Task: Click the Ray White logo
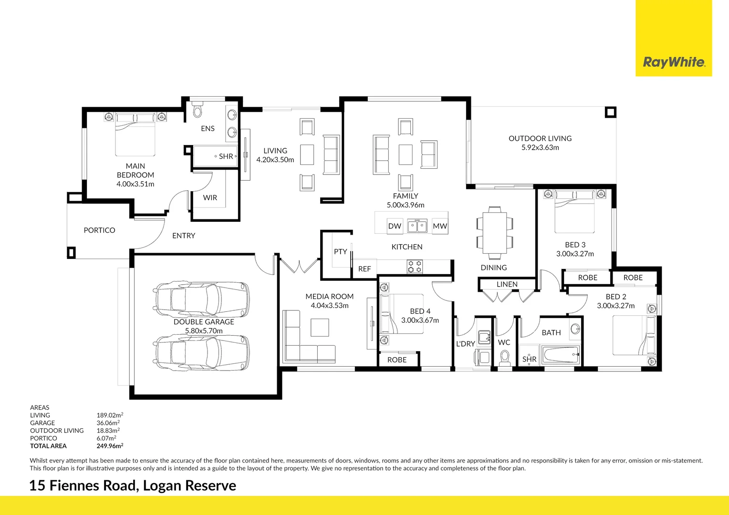(674, 62)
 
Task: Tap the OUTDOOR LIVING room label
(540, 138)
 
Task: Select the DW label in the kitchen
(395, 226)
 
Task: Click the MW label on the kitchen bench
(439, 226)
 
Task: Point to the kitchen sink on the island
(417, 226)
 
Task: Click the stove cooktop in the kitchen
(414, 267)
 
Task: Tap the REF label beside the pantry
(364, 269)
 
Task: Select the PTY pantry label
(340, 251)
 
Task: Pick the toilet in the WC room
(504, 357)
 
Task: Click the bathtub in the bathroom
(561, 355)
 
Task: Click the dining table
(495, 232)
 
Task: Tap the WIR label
(210, 197)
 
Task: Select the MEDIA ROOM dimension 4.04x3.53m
(329, 305)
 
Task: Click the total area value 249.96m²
(110, 446)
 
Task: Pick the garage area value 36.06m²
(108, 423)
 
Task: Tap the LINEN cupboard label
(507, 284)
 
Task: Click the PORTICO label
(99, 230)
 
